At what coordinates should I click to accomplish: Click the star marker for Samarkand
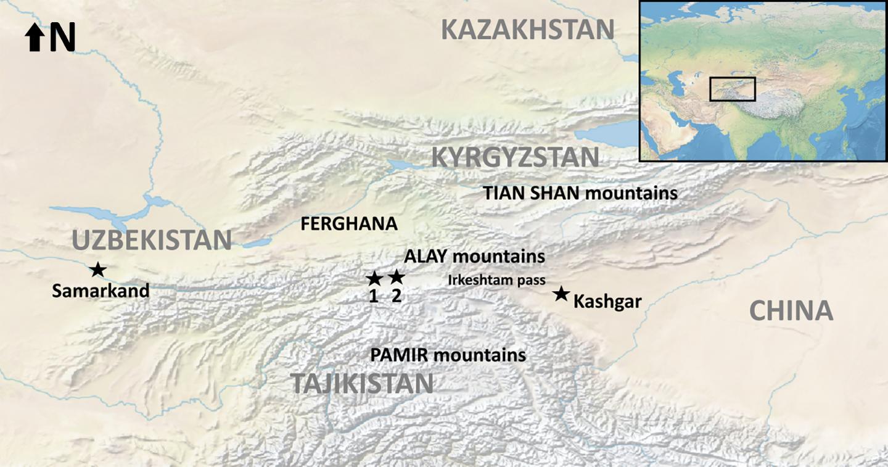97,269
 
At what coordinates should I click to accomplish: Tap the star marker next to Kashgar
561,294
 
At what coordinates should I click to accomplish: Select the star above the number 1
374,278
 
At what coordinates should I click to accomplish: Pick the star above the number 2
397,276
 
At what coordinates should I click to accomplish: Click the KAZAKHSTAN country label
528,29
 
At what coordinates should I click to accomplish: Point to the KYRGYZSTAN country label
515,157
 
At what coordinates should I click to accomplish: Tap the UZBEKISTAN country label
152,240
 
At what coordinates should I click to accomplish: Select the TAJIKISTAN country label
362,383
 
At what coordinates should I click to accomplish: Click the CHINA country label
791,311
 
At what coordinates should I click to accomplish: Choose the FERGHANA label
349,224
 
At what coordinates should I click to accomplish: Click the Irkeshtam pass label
496,280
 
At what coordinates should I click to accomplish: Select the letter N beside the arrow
63,38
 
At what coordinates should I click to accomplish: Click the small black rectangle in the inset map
732,89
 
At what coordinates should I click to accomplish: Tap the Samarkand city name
101,291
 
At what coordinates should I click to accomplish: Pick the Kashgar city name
607,302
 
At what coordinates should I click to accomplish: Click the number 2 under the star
397,295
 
